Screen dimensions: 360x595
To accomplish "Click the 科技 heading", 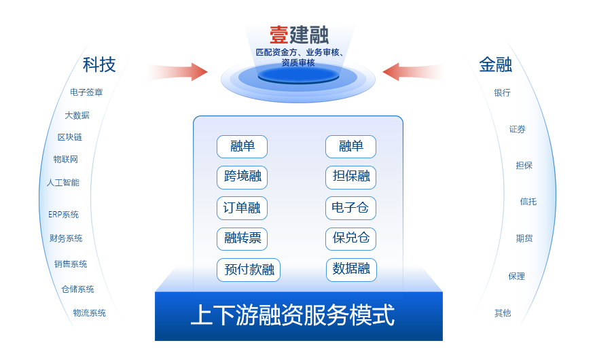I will click(99, 65).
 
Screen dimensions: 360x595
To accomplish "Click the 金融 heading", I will click(495, 65).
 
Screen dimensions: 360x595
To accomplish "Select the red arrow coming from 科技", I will click(177, 71).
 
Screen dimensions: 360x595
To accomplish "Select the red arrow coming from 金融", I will click(412, 71).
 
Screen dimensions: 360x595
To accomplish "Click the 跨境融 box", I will click(242, 177).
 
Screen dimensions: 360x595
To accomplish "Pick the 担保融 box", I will click(350, 177).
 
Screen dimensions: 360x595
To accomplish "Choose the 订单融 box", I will click(242, 208).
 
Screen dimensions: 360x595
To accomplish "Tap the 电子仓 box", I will click(350, 208).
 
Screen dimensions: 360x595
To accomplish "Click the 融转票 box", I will click(242, 238).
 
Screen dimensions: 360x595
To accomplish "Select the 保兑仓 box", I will click(350, 238).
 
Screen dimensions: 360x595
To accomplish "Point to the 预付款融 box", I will click(249, 270).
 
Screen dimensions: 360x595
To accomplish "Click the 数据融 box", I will click(350, 270).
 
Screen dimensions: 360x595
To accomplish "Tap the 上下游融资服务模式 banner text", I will click(292, 316).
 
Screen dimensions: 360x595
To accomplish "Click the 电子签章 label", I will click(86, 92).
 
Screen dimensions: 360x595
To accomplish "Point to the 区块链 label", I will click(69, 137).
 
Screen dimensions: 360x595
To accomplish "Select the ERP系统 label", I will click(63, 215).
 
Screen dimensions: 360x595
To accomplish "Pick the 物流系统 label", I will click(89, 313).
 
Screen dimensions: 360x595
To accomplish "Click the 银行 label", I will click(502, 93).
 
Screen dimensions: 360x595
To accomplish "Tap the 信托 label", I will click(528, 202).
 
